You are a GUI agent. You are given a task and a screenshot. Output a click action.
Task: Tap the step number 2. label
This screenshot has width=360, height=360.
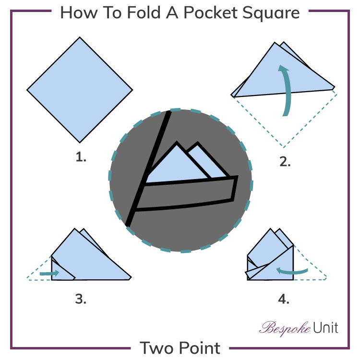click(285, 162)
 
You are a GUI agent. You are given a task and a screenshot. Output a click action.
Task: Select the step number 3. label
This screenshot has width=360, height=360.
click(81, 299)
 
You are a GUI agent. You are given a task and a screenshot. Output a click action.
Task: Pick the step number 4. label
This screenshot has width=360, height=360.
click(284, 299)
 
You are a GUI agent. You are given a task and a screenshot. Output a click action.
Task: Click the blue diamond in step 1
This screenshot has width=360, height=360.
click(80, 90)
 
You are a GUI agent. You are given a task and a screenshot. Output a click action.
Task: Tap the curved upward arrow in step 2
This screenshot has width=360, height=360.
click(287, 91)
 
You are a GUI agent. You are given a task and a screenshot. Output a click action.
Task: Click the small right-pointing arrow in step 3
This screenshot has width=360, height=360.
click(49, 273)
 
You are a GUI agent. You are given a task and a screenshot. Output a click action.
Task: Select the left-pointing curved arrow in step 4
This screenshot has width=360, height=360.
click(292, 272)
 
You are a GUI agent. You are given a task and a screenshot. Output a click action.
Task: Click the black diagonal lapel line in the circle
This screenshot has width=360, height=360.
click(148, 168)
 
